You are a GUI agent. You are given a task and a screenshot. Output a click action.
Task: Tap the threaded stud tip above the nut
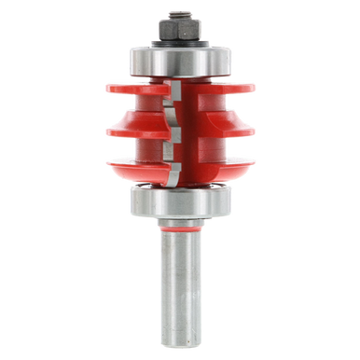pyautogui.click(x=176, y=13)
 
